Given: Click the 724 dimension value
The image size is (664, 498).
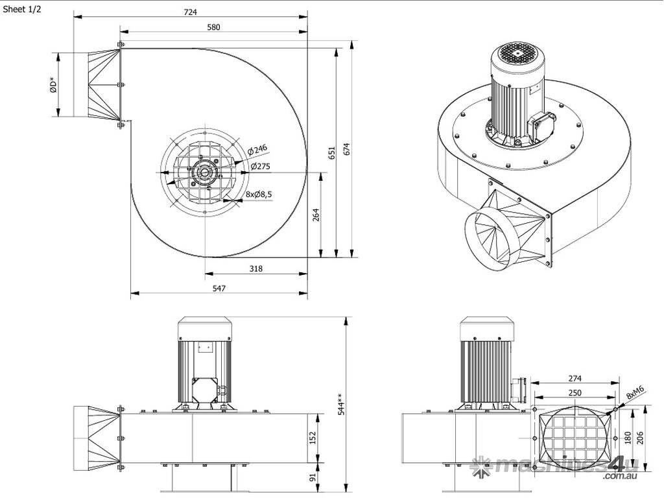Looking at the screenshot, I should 190,12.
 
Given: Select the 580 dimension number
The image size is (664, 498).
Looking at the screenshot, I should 213,27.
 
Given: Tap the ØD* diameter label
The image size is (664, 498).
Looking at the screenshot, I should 54,85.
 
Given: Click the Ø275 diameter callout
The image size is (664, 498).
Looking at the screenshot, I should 261,167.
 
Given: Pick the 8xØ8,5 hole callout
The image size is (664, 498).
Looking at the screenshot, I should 258,194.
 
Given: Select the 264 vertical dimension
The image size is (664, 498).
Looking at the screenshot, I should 316,215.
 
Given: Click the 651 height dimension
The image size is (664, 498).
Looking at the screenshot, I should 331,153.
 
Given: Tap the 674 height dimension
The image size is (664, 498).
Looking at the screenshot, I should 347,148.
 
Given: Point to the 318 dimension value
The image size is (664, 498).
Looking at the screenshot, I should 256,268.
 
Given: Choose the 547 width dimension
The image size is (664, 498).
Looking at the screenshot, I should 219,289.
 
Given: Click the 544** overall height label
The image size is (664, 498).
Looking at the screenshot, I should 342,404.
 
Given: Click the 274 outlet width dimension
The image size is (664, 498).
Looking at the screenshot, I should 574,379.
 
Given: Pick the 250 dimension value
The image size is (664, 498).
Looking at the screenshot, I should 575,392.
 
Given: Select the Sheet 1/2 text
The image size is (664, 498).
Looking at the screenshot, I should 22,10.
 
